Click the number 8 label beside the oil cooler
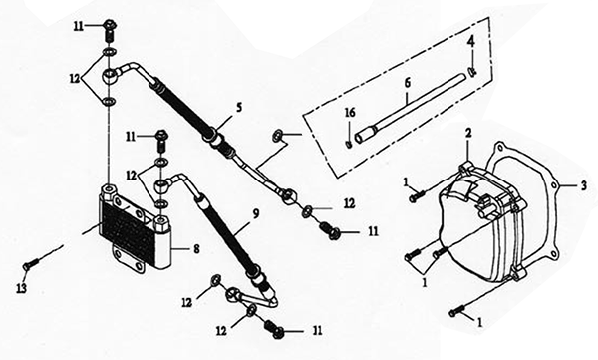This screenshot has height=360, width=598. point(196,249)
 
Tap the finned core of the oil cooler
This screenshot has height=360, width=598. point(128,229)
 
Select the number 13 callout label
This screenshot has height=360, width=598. point(21,288)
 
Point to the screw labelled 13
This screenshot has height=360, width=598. point(31,264)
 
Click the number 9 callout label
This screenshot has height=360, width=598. point(255,213)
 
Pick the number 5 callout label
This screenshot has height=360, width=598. point(239,108)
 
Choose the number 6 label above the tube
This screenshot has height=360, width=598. point(408,83)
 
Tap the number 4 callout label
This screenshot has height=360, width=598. point(471,41)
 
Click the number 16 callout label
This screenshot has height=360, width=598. point(350,113)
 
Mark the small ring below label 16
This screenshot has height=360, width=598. point(348,144)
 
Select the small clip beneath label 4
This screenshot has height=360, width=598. point(472,71)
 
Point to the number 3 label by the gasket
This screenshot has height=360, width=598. point(583,186)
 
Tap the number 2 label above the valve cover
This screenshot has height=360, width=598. point(468,133)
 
